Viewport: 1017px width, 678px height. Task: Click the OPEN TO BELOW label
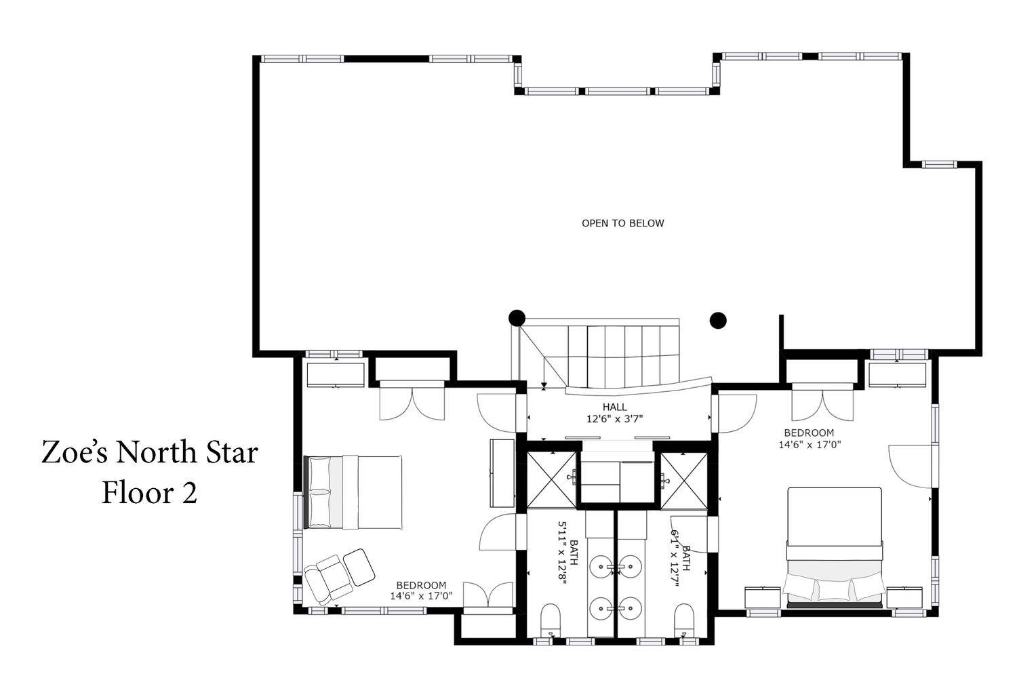(x=623, y=223)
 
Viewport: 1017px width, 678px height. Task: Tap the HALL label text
(x=615, y=407)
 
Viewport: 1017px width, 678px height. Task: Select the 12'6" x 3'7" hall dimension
(x=615, y=419)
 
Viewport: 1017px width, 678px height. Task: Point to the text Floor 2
(x=149, y=493)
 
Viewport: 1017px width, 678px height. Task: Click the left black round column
(x=517, y=318)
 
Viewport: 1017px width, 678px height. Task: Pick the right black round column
(x=718, y=320)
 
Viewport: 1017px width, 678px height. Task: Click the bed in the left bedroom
(x=353, y=492)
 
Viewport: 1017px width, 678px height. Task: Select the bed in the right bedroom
(x=835, y=548)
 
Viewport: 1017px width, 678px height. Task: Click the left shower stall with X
(x=551, y=481)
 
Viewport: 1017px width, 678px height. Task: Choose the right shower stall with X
(x=683, y=481)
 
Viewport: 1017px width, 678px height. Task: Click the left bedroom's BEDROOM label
(x=421, y=585)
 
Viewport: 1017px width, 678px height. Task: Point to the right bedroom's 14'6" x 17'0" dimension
(x=810, y=445)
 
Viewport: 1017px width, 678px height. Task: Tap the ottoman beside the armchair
(x=359, y=567)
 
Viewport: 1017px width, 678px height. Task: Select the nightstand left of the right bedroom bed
(x=763, y=597)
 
